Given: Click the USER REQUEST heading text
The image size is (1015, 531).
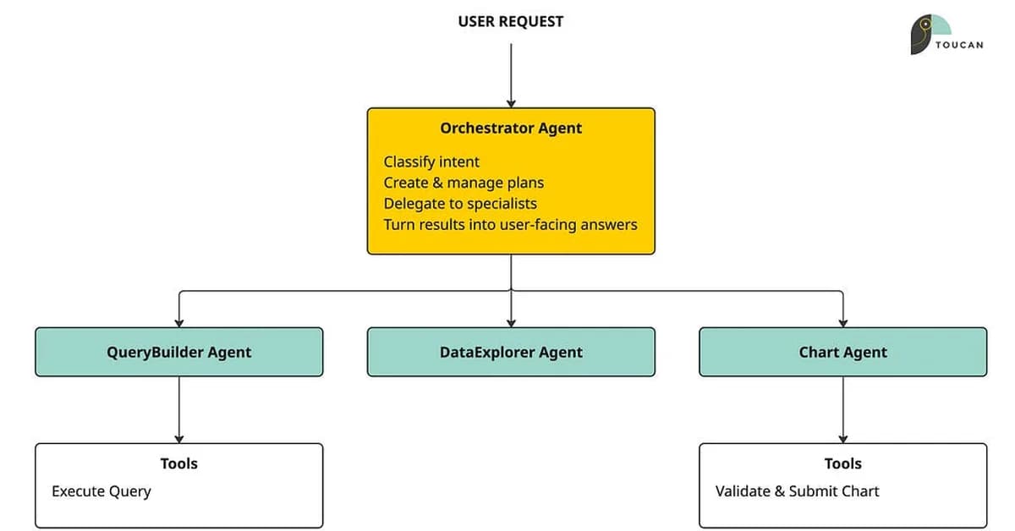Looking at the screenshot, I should click(510, 22).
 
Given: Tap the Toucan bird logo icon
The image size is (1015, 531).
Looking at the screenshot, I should click(929, 34).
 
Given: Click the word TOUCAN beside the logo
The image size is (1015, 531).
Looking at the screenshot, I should click(959, 45).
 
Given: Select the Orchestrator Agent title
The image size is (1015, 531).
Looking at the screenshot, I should click(511, 129).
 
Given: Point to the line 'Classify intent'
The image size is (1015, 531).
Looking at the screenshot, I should click(431, 161).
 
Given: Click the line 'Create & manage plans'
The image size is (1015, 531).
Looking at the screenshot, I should click(464, 183).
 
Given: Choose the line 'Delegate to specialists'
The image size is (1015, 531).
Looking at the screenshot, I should click(460, 204).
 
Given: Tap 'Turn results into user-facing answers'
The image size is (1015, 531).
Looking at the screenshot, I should click(510, 225).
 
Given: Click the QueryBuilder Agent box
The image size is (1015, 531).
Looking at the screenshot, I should click(178, 352).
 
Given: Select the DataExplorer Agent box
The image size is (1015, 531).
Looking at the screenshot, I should click(511, 352).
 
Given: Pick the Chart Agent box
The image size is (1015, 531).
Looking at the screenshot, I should click(842, 352).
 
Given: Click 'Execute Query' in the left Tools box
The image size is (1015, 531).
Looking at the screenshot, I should click(101, 491).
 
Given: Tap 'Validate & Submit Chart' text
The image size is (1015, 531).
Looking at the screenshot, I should click(797, 491).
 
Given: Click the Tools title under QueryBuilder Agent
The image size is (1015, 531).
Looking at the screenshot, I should click(178, 463).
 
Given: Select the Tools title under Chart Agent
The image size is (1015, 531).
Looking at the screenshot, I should click(842, 463).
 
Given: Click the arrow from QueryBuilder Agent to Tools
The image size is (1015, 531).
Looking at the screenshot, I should click(178, 409).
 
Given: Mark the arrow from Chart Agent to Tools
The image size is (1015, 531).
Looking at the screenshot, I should click(842, 409).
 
